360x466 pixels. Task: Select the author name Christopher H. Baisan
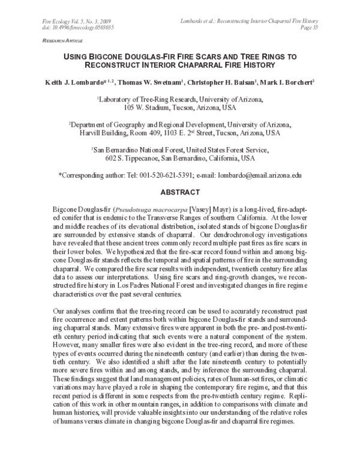(218, 80)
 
